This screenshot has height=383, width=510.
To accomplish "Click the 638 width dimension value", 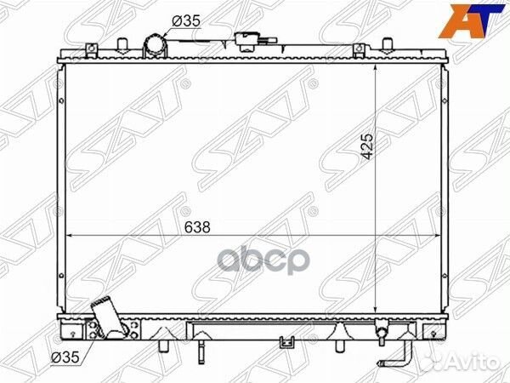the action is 197,227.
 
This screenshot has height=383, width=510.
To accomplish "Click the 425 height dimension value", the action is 368,146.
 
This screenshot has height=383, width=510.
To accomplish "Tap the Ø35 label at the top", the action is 185,21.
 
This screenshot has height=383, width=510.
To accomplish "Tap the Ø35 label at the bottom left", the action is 65,357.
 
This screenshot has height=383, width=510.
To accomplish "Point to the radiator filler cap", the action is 248,42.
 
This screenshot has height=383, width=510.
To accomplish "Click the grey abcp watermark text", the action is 263,261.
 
